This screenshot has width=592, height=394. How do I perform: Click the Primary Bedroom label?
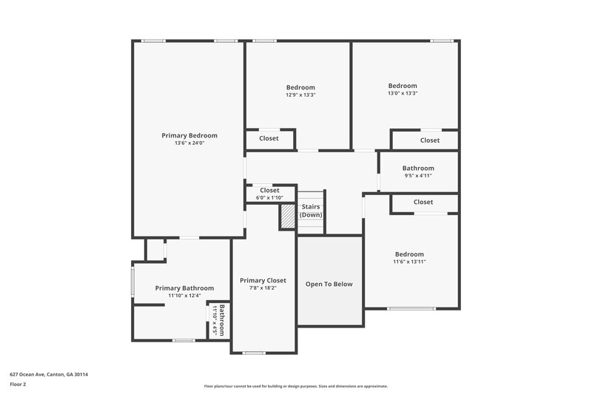(189, 135)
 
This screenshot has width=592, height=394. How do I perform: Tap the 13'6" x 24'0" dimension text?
(189, 143)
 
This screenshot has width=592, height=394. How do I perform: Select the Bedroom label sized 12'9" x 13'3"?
(300, 87)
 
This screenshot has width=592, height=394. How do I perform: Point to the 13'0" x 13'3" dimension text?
(403, 93)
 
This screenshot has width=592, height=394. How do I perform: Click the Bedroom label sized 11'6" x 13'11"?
(409, 254)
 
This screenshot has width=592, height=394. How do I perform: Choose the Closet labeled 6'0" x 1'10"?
(269, 191)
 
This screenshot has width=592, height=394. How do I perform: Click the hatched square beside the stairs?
(287, 217)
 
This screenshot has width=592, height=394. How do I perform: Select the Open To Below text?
(329, 284)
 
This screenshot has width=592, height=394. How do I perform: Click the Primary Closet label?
(263, 280)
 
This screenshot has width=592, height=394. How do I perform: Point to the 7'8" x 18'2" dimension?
(263, 288)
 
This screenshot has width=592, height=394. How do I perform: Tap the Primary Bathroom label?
(184, 288)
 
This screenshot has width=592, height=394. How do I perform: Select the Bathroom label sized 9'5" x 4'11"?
(418, 169)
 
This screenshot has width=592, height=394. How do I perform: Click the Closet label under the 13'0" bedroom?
(430, 140)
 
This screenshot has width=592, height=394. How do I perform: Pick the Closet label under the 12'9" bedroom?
(269, 138)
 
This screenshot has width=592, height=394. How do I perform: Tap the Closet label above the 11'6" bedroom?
(423, 202)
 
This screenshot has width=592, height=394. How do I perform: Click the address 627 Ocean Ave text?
(49, 374)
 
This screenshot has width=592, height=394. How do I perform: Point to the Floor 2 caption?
(18, 384)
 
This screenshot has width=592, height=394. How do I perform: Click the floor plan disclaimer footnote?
(295, 386)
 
